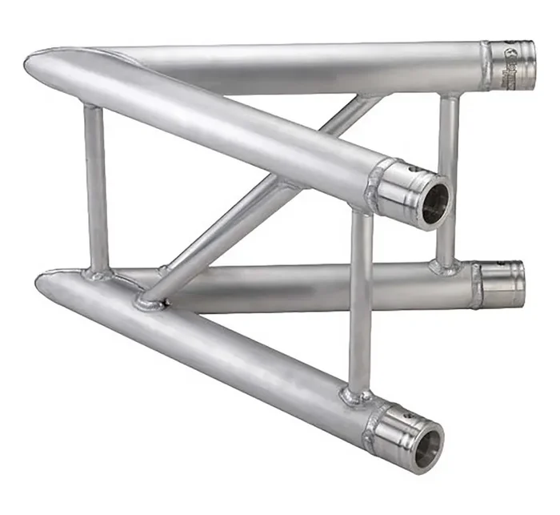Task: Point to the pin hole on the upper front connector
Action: [412, 171]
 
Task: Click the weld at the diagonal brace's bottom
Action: [151, 301]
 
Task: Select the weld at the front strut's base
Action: [356, 395]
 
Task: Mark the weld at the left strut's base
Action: [98, 274]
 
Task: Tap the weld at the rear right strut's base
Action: [445, 265]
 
